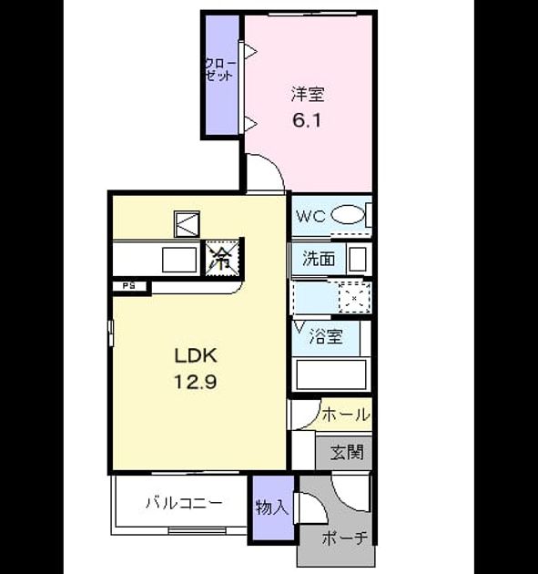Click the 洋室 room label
click(x=308, y=94)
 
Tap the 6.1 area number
click(x=307, y=120)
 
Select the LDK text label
click(x=196, y=355)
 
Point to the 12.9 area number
click(x=196, y=382)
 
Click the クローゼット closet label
click(x=220, y=69)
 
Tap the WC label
click(x=310, y=217)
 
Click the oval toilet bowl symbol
click(x=348, y=215)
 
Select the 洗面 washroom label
click(x=319, y=259)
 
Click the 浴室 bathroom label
click(x=326, y=336)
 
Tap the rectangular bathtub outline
click(x=331, y=374)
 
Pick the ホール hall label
click(x=346, y=415)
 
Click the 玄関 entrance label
click(x=347, y=453)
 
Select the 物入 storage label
click(x=272, y=507)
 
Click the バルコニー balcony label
click(x=184, y=503)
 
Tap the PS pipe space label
click(x=128, y=286)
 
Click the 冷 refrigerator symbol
click(x=222, y=258)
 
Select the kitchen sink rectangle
click(x=179, y=260)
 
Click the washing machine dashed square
click(x=354, y=298)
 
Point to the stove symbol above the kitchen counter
click(x=187, y=224)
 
